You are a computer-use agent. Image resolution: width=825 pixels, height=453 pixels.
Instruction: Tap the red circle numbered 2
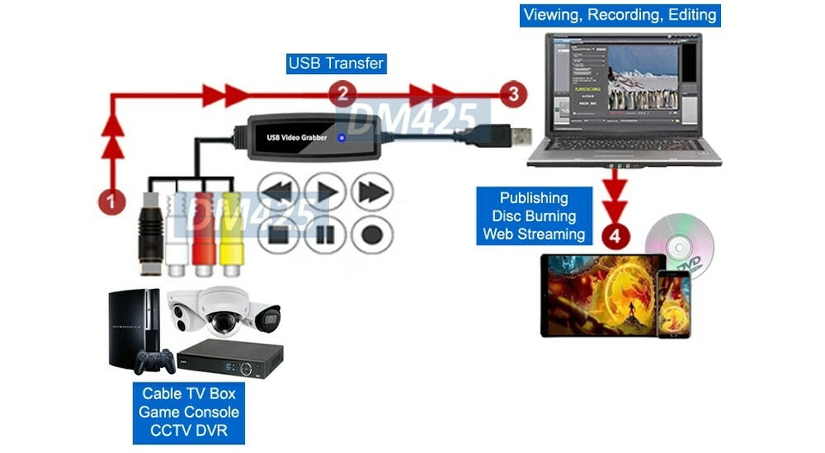(x=342, y=94)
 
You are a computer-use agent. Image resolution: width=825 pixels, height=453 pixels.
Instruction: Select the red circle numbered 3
(x=514, y=94)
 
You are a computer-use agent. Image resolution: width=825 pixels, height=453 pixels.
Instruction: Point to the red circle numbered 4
(x=614, y=233)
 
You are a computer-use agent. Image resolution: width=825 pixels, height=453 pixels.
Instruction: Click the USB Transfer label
(x=335, y=63)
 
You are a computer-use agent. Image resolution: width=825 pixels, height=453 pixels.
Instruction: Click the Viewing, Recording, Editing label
(x=620, y=15)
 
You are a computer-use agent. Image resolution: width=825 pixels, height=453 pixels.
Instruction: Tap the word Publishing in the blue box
(x=534, y=198)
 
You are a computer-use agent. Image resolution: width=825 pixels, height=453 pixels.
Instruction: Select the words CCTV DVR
(x=188, y=430)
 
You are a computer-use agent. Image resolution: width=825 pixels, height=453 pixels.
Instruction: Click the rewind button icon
(x=278, y=193)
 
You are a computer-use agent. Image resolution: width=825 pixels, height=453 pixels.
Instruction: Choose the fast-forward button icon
(x=375, y=193)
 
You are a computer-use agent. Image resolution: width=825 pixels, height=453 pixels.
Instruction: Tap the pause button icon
(x=327, y=234)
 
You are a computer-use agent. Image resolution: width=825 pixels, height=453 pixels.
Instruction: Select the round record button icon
(x=374, y=234)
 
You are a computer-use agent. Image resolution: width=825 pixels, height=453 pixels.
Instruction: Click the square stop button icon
(x=278, y=234)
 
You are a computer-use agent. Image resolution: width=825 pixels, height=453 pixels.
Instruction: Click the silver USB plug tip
(x=517, y=136)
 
